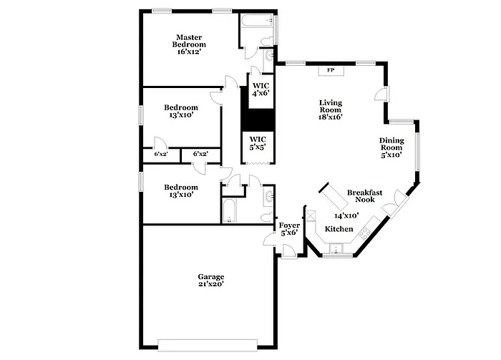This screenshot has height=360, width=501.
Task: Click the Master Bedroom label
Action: click(190, 44)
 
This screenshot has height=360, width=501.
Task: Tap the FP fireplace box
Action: click(331, 70)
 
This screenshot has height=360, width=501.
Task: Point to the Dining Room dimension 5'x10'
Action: click(391, 155)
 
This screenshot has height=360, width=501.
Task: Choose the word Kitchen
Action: click(339, 228)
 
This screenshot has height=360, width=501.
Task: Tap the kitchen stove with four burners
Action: click(365, 231)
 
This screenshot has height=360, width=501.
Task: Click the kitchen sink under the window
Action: click(334, 248)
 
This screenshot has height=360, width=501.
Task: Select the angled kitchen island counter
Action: click(332, 194)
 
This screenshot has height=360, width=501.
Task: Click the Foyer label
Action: click(288, 229)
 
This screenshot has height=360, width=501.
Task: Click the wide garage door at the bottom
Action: click(208, 344)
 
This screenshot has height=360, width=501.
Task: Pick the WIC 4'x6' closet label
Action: click(261, 89)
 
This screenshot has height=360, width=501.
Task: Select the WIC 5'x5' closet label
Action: click(258, 142)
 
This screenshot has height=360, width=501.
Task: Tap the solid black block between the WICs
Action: click(258, 117)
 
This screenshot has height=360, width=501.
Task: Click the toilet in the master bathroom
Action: click(268, 56)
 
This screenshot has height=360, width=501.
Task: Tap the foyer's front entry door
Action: click(289, 250)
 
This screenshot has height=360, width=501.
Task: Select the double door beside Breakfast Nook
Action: click(394, 208)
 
